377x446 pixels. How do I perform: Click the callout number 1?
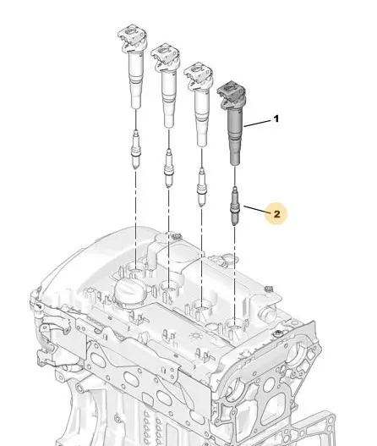point(276,118)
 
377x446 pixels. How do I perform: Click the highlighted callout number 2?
point(276,214)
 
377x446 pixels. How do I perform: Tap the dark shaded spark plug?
point(235,206)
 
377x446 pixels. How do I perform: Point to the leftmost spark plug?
point(136,149)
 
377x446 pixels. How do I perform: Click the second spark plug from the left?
point(168,168)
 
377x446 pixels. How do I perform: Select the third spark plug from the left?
point(202,187)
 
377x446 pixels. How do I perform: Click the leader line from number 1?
point(257,124)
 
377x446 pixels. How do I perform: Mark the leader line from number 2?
point(255,209)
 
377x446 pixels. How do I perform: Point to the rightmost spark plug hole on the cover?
point(235,326)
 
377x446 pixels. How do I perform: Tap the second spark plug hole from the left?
point(169,288)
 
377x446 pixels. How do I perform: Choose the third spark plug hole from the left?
point(202,306)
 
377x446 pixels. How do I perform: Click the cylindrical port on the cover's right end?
point(266,314)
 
